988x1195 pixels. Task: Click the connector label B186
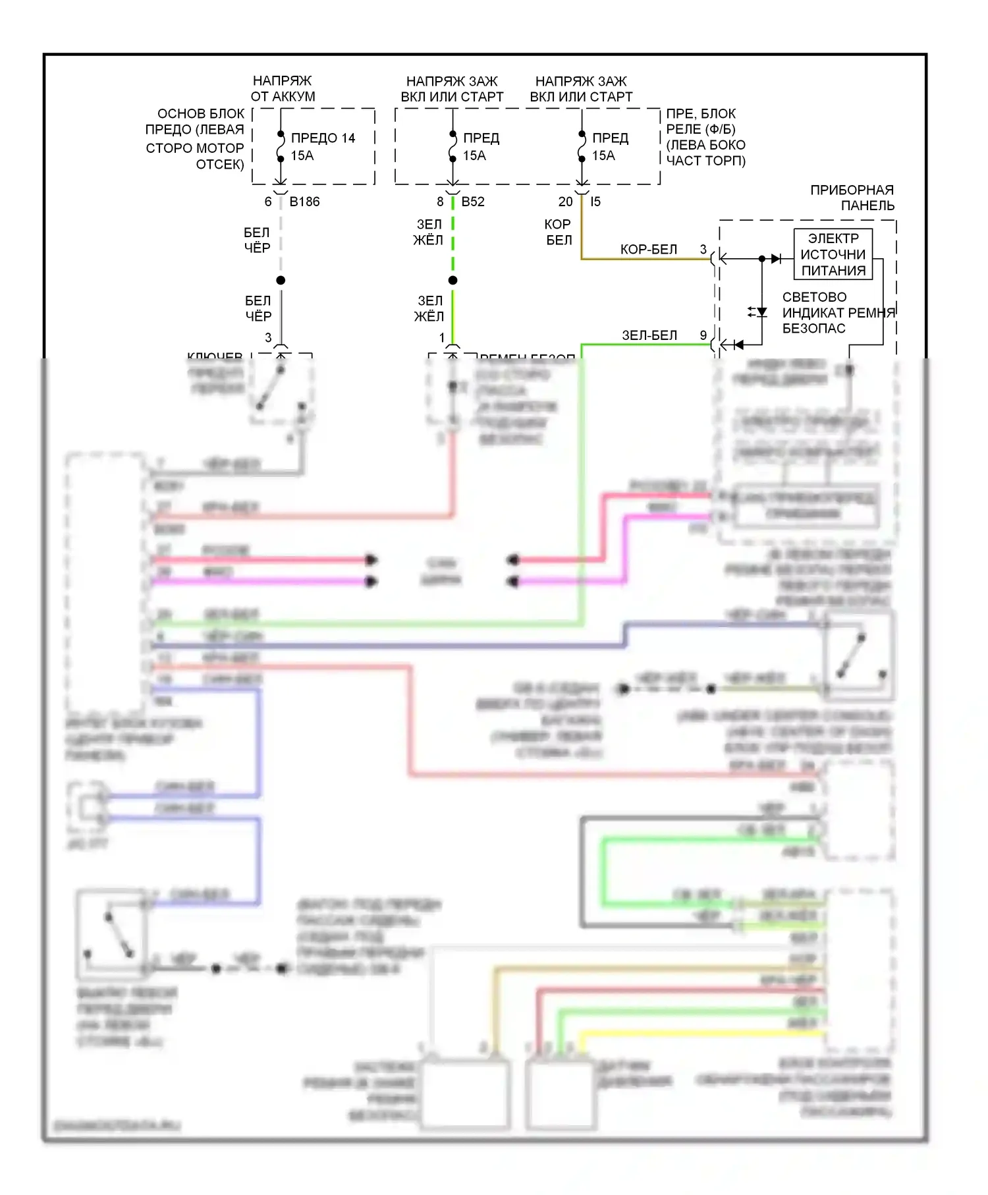pos(304,202)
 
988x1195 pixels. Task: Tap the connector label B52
pos(473,202)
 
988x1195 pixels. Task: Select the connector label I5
pos(595,202)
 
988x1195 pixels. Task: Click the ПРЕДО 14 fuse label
pos(323,138)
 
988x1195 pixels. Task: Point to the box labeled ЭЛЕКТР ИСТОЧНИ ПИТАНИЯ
pos(833,254)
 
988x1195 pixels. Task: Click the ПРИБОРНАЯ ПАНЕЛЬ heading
pos(852,198)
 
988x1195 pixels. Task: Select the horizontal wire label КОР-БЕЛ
pos(648,250)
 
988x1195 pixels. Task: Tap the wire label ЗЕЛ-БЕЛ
pos(649,336)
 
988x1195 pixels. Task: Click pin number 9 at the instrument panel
pos(703,335)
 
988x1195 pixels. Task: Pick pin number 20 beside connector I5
pos(565,202)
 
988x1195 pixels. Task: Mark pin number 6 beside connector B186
pos(268,202)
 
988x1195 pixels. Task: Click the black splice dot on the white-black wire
pos(281,281)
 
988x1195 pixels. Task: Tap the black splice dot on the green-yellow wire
pos(453,281)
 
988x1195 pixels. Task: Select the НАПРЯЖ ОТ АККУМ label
pos(283,89)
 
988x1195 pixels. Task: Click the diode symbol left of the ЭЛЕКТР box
pos(776,259)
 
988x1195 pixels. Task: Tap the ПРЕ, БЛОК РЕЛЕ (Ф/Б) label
pos(705,137)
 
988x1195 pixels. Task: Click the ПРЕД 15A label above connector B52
pos(481,147)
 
